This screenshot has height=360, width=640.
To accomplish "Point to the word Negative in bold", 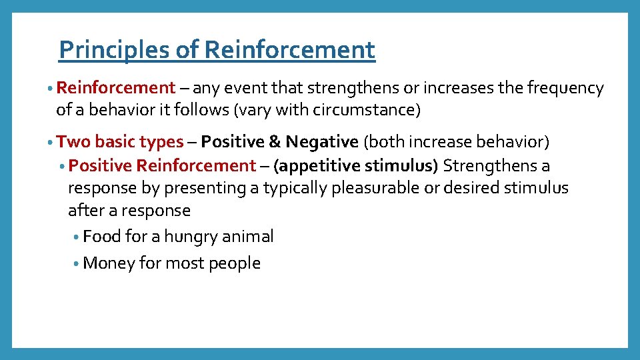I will coord(322,142).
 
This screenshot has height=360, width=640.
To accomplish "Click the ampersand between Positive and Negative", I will coord(275,142).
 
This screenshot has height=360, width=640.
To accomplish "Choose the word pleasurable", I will coord(375,188).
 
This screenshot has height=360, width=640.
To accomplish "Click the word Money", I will coord(109,263).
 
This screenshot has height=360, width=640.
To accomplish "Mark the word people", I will coord(235,264).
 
